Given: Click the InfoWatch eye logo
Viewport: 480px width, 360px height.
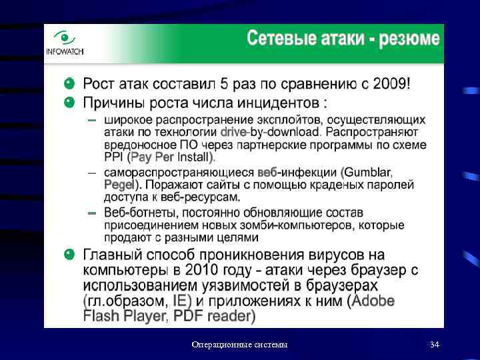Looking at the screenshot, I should (x=65, y=38).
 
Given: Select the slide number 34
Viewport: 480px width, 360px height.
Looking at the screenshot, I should (x=435, y=345).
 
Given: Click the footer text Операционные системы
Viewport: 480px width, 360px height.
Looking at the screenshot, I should (x=239, y=345).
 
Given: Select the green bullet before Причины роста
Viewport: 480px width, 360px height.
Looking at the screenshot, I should (x=69, y=103).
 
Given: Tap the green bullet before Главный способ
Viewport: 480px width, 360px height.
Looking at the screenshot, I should (x=69, y=255).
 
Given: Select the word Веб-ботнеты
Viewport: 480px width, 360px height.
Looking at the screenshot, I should (x=138, y=213).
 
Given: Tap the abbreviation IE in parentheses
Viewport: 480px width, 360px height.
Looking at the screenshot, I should (x=182, y=301).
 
